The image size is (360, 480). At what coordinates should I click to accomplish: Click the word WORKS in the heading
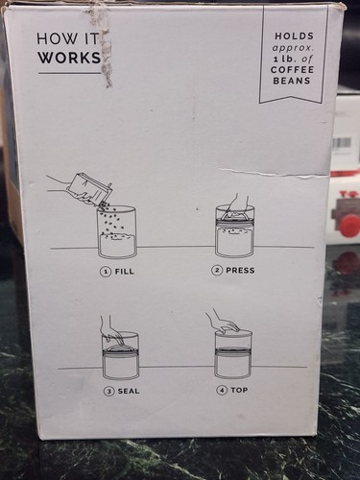point(69,58)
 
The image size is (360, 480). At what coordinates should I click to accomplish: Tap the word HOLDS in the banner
point(295,36)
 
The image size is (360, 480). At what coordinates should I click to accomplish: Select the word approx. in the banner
point(292,48)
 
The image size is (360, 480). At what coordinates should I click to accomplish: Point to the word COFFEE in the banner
point(293,70)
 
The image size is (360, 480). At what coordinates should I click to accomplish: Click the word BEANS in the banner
point(292,81)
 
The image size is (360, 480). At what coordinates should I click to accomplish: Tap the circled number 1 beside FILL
point(106,272)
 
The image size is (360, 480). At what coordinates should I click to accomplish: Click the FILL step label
point(124,272)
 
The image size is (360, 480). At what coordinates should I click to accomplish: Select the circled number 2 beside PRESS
point(217,271)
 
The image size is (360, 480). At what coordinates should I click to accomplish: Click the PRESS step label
point(240,271)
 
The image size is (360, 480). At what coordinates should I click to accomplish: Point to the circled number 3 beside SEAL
point(109,391)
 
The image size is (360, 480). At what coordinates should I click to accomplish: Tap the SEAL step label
point(129,391)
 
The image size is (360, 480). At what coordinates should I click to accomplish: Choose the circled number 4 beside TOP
point(222,390)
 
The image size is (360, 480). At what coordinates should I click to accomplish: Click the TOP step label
point(239,390)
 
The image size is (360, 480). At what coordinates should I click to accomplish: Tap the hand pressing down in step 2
point(236,204)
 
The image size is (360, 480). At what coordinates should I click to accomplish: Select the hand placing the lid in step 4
point(222,321)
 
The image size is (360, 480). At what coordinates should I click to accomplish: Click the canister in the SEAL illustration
point(120,355)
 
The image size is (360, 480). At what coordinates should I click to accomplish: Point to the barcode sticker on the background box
point(342,143)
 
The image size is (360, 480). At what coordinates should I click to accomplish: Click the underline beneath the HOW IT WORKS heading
point(69,73)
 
